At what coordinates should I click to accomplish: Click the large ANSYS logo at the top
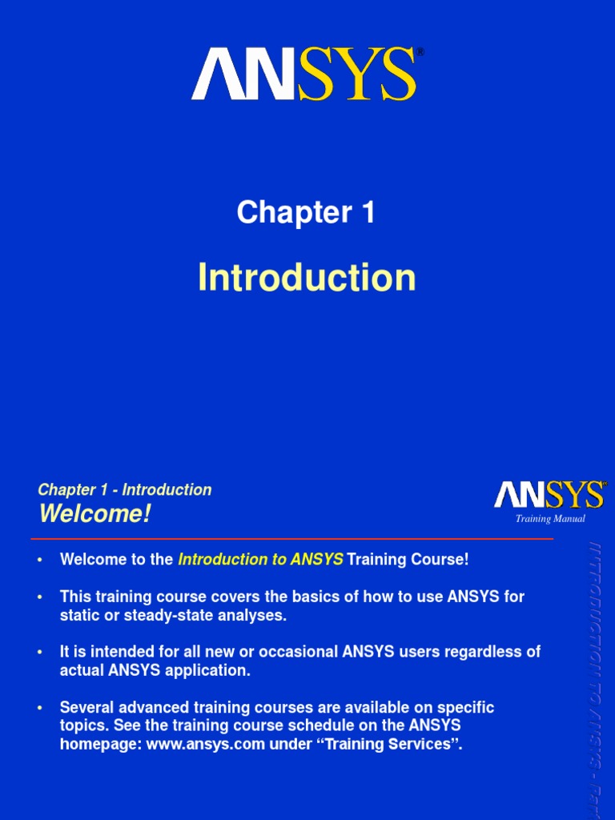(305, 74)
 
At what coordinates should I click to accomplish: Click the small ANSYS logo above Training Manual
(549, 495)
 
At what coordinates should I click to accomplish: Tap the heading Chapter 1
(306, 212)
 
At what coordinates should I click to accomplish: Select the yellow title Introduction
(307, 277)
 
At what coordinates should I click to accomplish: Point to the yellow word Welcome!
(94, 514)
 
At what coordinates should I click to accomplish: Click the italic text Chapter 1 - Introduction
(125, 490)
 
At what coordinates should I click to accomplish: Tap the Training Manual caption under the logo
(550, 519)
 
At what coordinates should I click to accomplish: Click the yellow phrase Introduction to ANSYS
(260, 560)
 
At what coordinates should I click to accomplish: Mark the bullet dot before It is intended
(40, 653)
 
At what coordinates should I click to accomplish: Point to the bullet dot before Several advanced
(40, 708)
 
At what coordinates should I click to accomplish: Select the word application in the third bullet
(210, 670)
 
